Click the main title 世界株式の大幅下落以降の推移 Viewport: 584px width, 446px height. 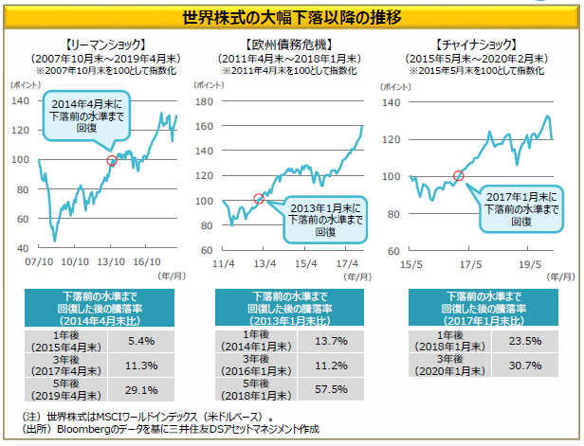(x=291, y=15)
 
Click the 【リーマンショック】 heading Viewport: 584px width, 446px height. (x=104, y=44)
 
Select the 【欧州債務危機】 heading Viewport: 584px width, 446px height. (x=291, y=44)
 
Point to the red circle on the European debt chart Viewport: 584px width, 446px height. (x=260, y=198)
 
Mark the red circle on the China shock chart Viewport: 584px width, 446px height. (x=459, y=175)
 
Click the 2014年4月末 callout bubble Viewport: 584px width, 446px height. (x=84, y=116)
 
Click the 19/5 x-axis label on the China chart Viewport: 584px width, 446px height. (x=527, y=260)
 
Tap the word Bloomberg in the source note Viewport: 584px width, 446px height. (x=85, y=429)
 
